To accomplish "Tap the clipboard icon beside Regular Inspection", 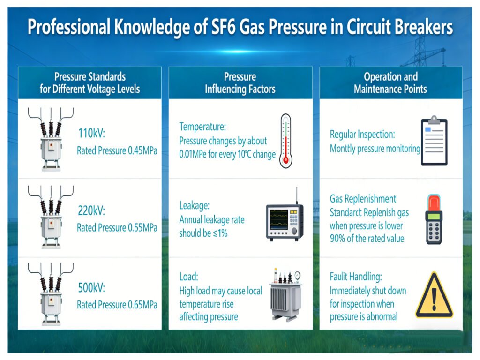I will click(x=434, y=141).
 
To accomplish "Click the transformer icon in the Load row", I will click(x=285, y=293).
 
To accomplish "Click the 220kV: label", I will click(x=91, y=211).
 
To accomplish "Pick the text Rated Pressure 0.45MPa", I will click(x=117, y=151).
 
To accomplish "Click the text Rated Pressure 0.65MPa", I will click(x=117, y=305).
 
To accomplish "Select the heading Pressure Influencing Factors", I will click(x=240, y=83).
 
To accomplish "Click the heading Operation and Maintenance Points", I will click(x=390, y=83).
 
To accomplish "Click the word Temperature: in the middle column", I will click(x=202, y=127).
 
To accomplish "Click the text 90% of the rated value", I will click(x=367, y=238).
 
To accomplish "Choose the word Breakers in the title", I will click(x=423, y=27).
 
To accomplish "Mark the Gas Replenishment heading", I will click(x=363, y=199).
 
